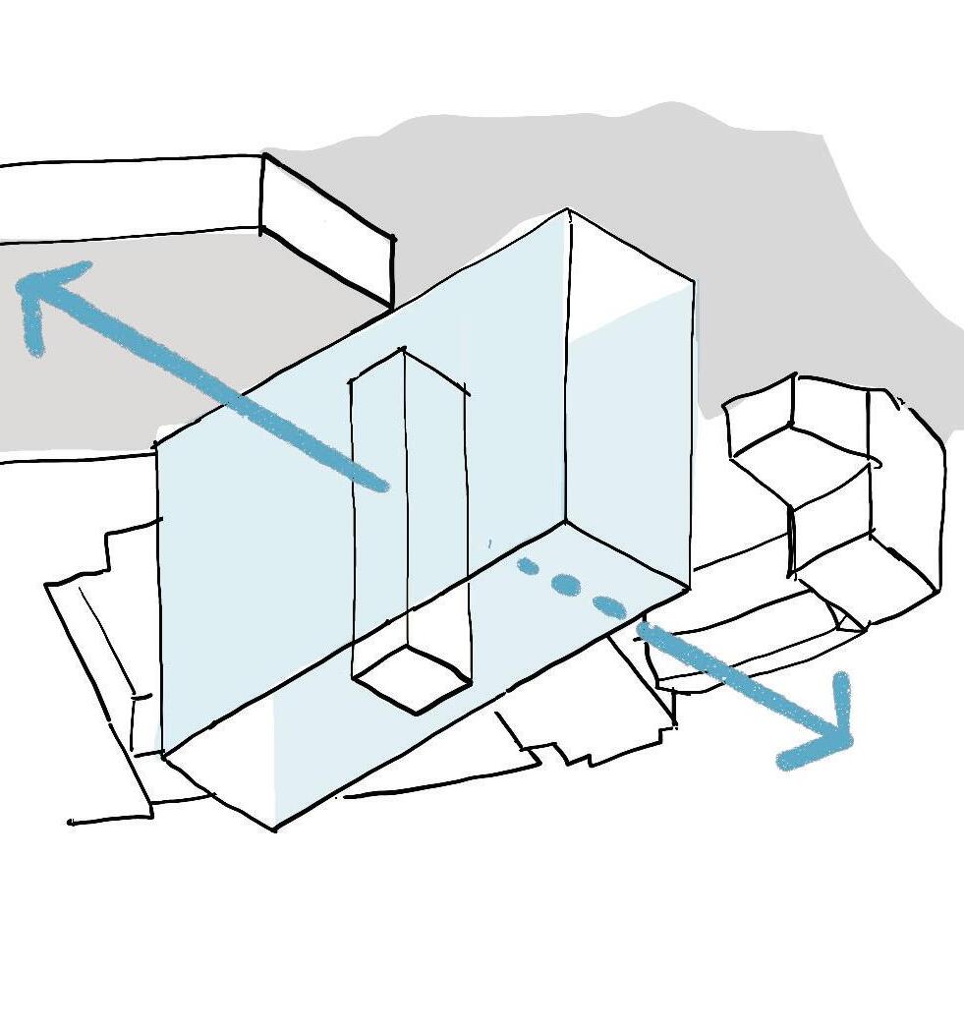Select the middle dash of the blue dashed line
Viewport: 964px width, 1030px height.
coord(566,584)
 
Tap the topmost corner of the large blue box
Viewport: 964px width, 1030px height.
coord(568,210)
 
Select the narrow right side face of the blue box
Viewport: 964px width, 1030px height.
coord(629,413)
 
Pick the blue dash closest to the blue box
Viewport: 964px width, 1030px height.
coord(528,565)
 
